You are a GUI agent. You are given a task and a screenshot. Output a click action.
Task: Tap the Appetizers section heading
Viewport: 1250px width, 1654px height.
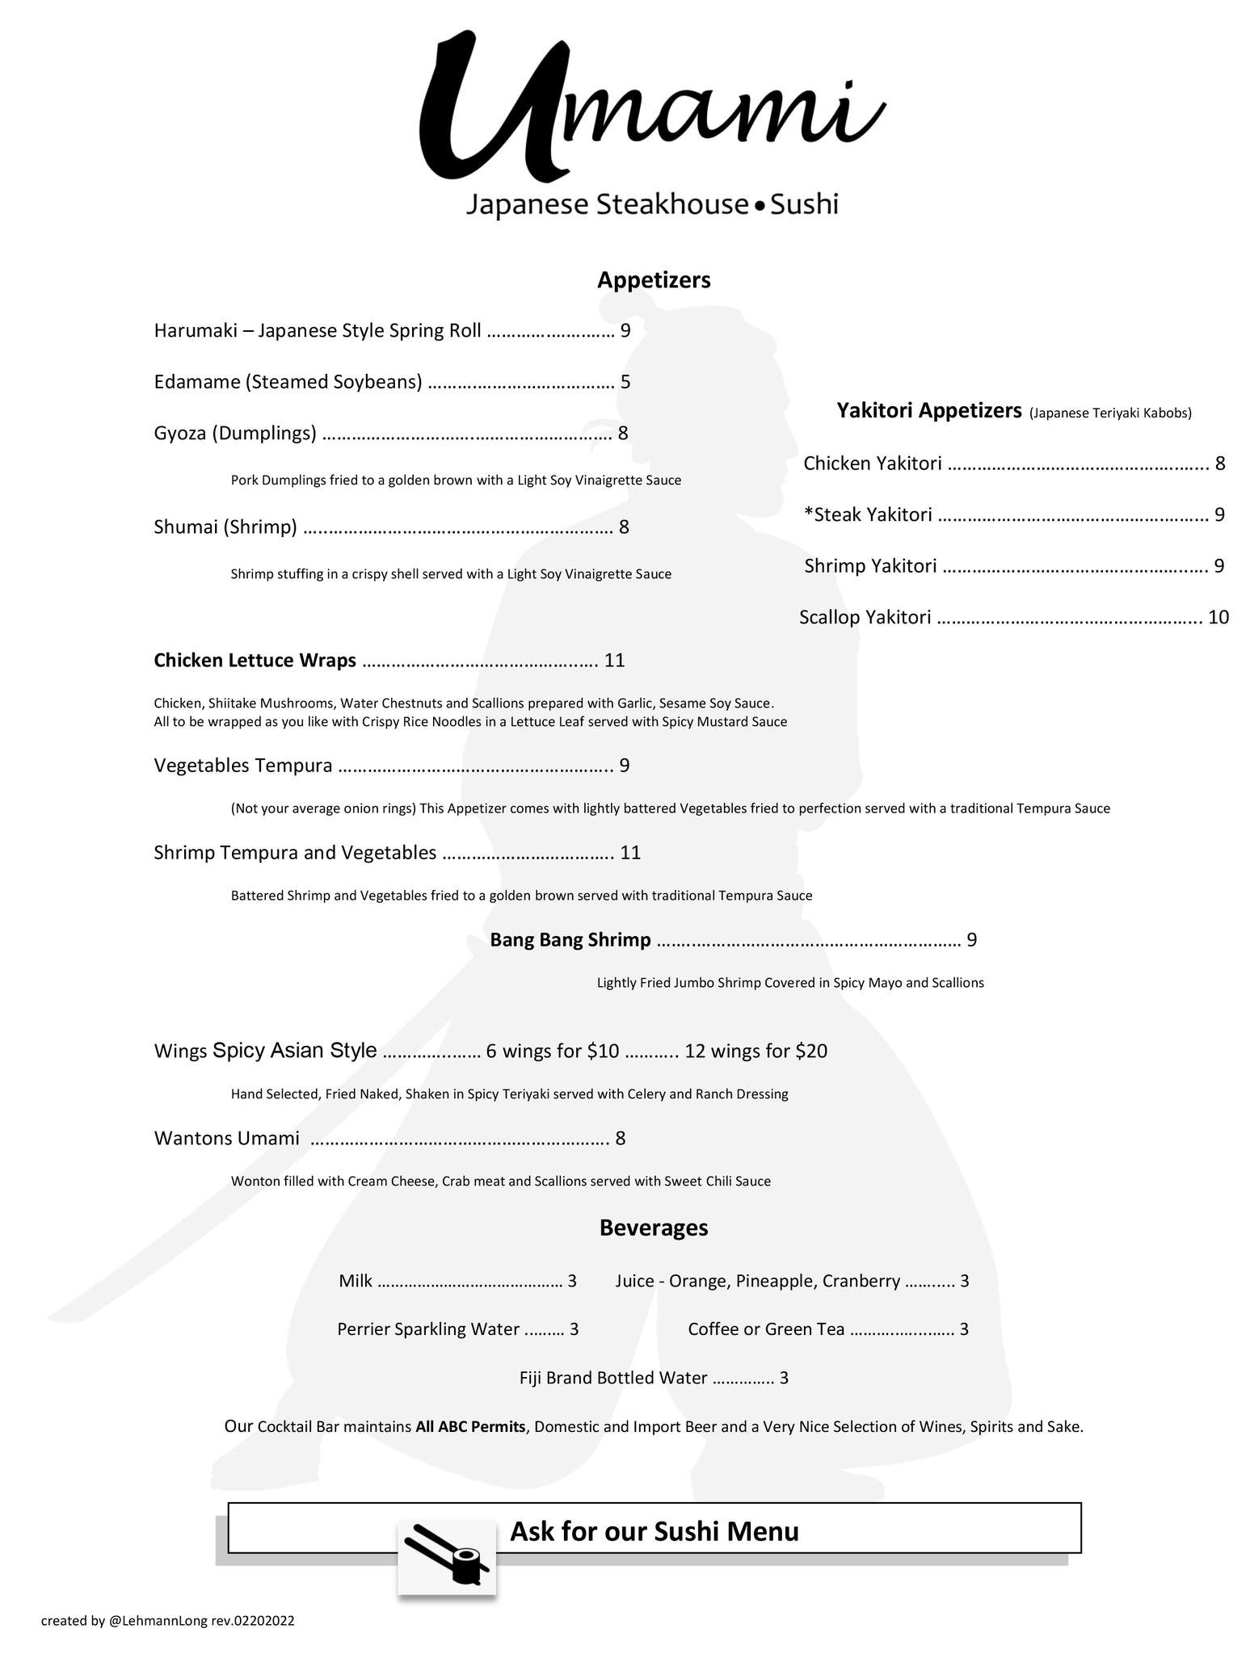(654, 280)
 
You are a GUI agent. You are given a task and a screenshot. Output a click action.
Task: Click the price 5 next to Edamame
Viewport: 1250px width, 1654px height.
(625, 382)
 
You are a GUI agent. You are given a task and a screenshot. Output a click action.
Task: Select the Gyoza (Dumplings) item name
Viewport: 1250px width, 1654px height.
(235, 434)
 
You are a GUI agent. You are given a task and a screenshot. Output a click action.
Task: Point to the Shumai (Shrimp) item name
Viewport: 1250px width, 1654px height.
(225, 528)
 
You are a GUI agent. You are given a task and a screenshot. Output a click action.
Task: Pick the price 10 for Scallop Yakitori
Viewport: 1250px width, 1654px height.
(1218, 618)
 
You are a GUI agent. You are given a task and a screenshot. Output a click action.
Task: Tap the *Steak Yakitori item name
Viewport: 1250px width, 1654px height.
(868, 515)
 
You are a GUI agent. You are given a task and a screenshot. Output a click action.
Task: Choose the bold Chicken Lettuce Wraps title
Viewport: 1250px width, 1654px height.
(255, 661)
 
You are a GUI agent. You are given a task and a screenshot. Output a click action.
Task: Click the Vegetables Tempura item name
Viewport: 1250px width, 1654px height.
(243, 766)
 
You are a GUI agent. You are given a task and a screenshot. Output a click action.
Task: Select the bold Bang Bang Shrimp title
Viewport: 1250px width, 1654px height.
(570, 940)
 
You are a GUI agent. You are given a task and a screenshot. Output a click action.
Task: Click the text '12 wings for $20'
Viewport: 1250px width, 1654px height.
(755, 1052)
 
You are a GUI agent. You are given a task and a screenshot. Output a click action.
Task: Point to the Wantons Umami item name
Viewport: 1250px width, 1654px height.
(226, 1139)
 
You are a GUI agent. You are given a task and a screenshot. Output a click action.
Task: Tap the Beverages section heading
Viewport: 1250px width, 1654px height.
(654, 1228)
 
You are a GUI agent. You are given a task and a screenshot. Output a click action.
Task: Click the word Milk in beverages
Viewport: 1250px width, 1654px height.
(356, 1282)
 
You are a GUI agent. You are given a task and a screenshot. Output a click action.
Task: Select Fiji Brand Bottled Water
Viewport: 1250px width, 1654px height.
(613, 1379)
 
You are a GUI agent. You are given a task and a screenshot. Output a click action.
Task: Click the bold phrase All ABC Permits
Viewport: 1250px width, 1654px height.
(470, 1427)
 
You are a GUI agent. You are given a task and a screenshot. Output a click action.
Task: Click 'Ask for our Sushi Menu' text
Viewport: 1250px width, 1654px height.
(654, 1531)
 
